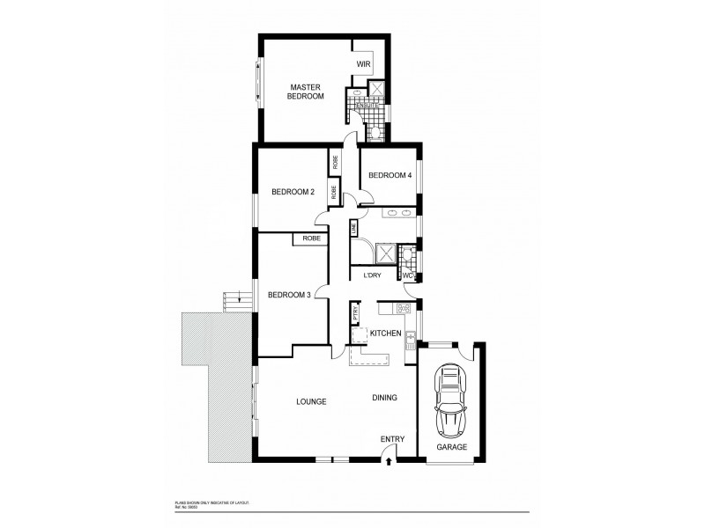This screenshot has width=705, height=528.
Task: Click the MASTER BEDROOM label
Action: coord(306,92)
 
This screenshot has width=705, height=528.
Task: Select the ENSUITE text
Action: coord(366,106)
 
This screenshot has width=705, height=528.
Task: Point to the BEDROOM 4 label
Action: coord(390,175)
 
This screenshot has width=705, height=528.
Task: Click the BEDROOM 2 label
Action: coord(293,192)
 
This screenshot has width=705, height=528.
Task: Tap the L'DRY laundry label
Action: coord(373,276)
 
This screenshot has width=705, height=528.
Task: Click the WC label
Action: coord(408,276)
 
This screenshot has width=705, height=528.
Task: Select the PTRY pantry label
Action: coord(355,313)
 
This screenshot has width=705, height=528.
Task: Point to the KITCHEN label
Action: coord(386,334)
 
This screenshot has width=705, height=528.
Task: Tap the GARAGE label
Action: coord(452,447)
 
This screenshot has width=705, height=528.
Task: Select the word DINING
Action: coord(384,398)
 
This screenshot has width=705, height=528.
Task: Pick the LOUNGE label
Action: coord(311,401)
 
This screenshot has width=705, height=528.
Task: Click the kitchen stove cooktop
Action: coord(404,308)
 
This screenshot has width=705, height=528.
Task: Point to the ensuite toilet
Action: coord(374,133)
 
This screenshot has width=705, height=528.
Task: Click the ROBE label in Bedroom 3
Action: coord(311,238)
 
